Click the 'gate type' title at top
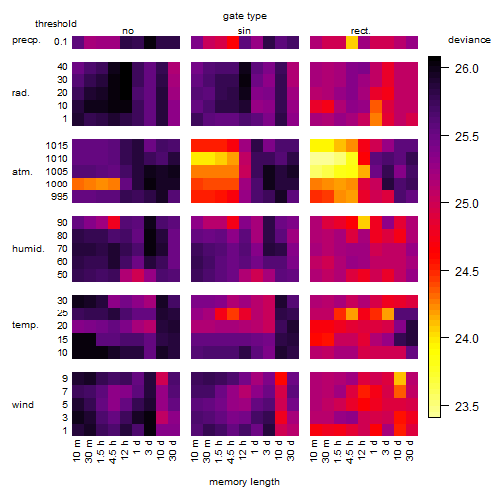[x=245, y=16]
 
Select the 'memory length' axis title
[x=245, y=482]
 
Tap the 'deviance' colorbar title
[x=469, y=40]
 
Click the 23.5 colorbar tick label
[x=466, y=407]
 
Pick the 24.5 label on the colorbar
[x=466, y=272]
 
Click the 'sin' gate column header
[x=244, y=31]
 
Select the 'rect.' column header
[x=361, y=31]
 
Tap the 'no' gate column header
[x=128, y=31]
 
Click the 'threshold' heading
[x=56, y=24]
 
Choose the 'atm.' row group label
[x=22, y=172]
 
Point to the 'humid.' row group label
[x=28, y=249]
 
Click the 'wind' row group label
[x=23, y=405]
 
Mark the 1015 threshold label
[x=57, y=146]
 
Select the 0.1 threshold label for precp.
[x=61, y=42]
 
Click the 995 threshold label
[x=60, y=197]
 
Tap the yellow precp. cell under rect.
[x=352, y=42]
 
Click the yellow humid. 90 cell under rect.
[x=364, y=222]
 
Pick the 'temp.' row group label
[x=25, y=325]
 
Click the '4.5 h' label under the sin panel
[x=231, y=452]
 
